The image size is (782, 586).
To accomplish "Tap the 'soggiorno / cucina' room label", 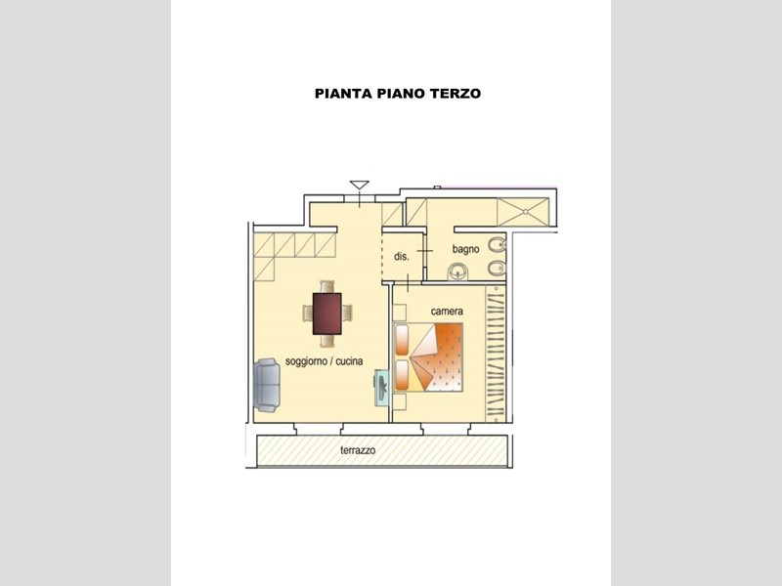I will [324, 361].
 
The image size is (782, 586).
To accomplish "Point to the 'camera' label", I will [447, 311].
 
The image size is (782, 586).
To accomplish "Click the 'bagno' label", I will [465, 249].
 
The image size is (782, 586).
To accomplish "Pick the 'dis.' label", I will [401, 257].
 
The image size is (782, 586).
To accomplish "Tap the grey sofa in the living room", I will [268, 384].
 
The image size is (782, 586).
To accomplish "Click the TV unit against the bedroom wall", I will [380, 388].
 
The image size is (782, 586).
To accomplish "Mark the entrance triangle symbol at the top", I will [359, 184].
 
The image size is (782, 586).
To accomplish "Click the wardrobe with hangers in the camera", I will [499, 352].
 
